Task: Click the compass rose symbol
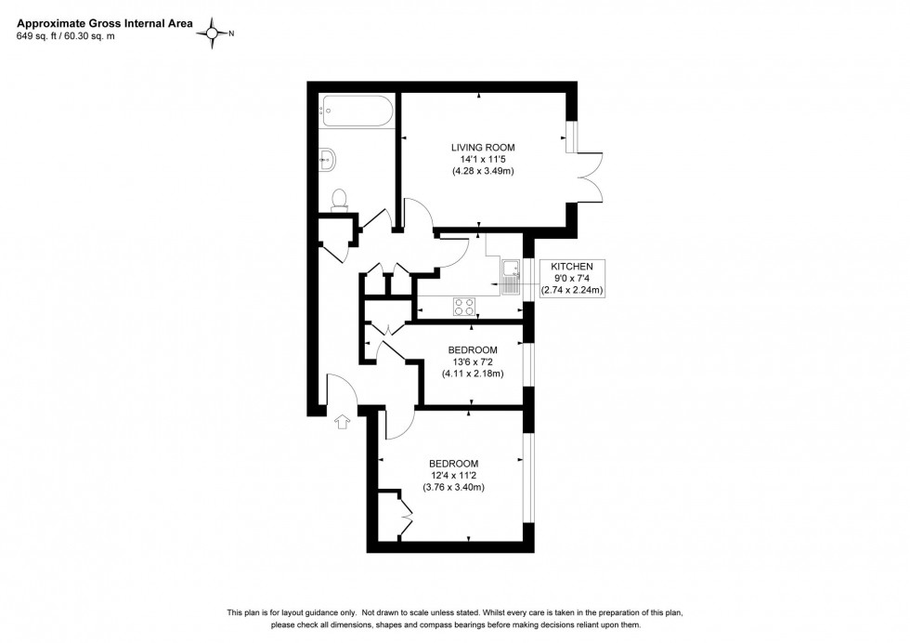pos(214,33)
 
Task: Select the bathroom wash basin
pos(328,159)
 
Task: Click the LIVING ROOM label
pos(482,148)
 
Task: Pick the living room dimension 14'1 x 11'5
pos(482,160)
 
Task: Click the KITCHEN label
pos(572,266)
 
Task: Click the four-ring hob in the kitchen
pos(464,306)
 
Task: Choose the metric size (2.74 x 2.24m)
pos(572,290)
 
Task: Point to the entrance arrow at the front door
pos(340,423)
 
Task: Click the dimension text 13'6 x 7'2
pos(472,362)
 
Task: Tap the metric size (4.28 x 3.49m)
pos(482,172)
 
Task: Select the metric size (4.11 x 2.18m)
pos(472,374)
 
